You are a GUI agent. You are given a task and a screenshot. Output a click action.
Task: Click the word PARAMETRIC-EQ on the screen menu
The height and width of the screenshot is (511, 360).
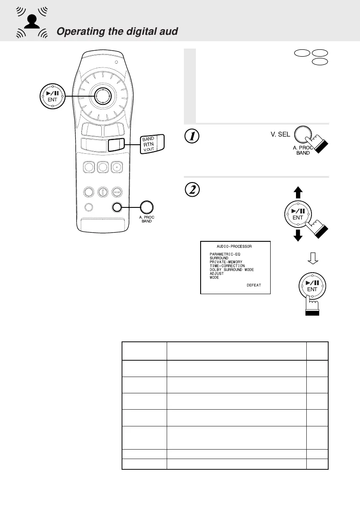[x=226, y=254]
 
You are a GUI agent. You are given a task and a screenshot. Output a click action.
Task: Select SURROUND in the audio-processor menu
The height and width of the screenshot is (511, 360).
[x=219, y=258]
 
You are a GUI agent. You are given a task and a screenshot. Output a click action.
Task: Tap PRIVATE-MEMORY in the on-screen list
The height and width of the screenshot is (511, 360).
[x=226, y=262]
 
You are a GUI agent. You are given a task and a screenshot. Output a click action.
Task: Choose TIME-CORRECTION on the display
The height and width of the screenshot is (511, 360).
[x=227, y=266]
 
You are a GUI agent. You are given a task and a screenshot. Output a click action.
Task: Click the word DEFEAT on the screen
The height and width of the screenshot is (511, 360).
[x=254, y=286]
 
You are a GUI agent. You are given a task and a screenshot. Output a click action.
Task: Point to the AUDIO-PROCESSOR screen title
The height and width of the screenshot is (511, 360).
[x=235, y=246]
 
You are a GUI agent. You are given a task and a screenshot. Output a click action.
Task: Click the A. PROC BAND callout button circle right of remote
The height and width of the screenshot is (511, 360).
[x=146, y=207]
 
